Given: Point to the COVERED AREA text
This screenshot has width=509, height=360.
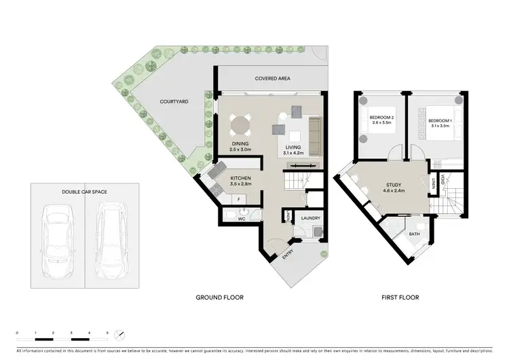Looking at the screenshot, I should [272, 79].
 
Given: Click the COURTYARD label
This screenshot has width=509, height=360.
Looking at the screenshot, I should [174, 101].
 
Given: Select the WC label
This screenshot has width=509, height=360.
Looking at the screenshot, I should [240, 219].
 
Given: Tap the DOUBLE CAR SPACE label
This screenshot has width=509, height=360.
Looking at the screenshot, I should [85, 192].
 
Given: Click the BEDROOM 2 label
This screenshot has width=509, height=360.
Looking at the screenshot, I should [381, 117].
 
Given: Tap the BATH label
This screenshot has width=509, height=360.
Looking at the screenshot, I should [413, 234].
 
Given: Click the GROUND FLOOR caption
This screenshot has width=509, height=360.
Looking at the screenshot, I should [219, 298].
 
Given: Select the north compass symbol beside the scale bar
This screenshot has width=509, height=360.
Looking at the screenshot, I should [120, 335].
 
